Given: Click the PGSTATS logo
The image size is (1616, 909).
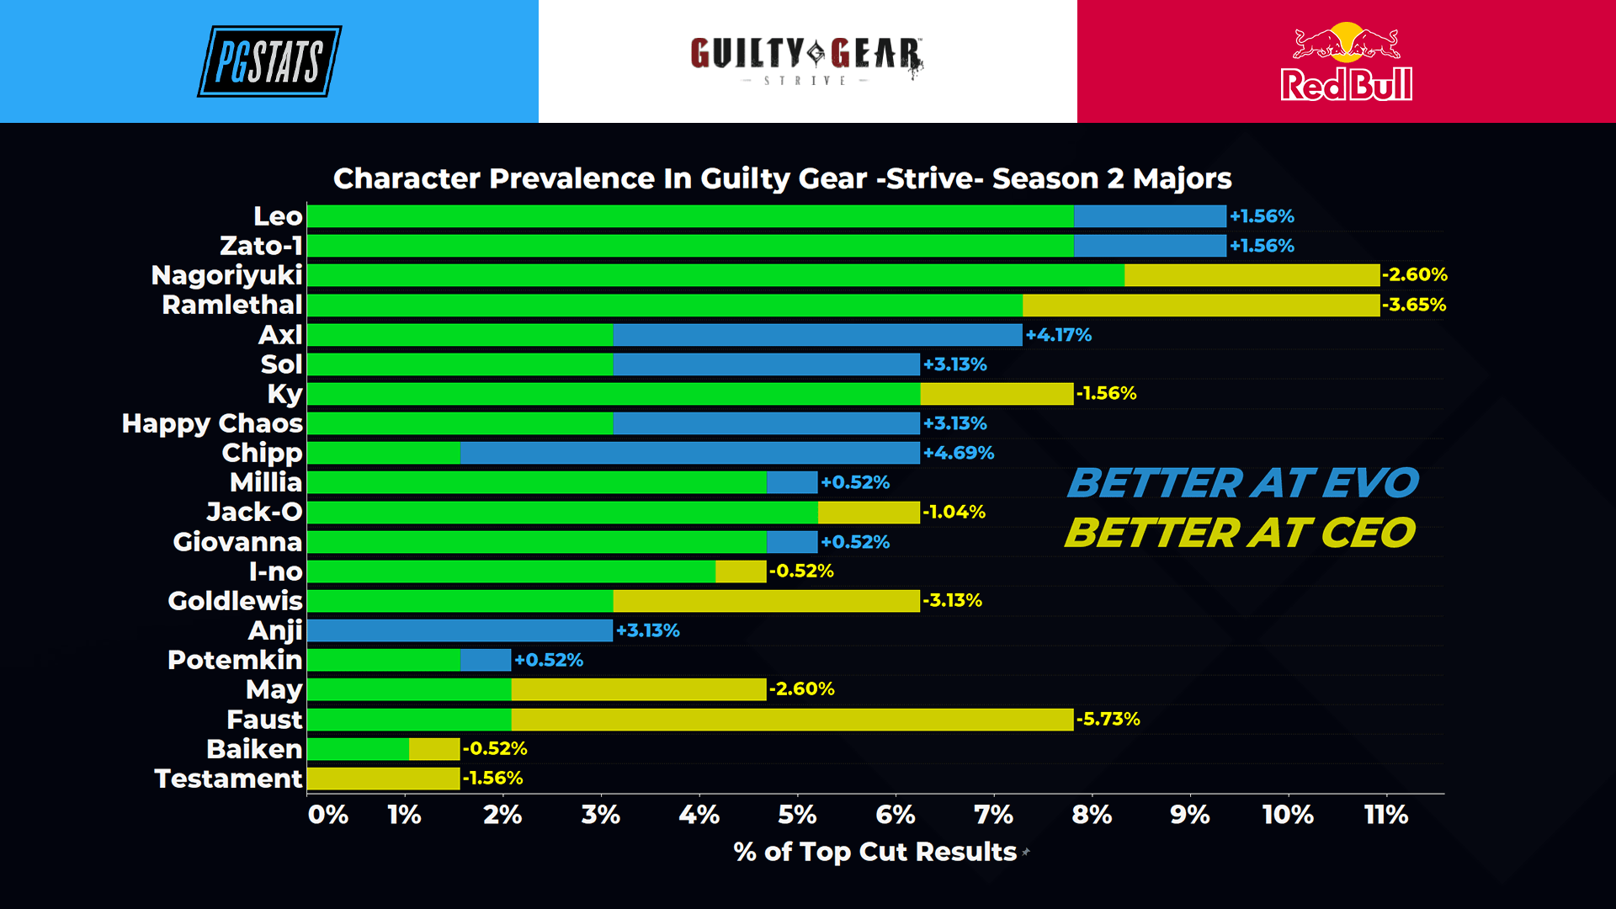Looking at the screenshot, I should tap(269, 61).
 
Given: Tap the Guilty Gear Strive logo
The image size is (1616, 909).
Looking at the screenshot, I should tap(806, 60).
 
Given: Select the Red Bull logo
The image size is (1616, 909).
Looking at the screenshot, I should tap(1346, 62).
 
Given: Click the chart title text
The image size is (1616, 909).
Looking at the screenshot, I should tap(782, 178).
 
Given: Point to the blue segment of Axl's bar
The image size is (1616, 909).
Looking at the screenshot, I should tap(817, 335).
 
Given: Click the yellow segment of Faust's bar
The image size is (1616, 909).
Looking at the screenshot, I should tap(792, 720).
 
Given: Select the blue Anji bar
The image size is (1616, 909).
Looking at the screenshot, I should tap(460, 630).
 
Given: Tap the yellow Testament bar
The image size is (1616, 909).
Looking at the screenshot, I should tap(384, 779).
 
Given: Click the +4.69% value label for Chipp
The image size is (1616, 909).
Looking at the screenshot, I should tap(959, 453).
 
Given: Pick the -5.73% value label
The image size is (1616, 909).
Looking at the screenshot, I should tap(1108, 720).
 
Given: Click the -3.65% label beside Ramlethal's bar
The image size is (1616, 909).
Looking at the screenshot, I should tap(1414, 305).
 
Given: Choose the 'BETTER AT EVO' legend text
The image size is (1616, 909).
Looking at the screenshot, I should tap(1242, 483).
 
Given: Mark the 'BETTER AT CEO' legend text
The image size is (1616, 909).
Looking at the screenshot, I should tap(1241, 533).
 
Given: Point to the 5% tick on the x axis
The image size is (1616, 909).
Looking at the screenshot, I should tap(797, 815).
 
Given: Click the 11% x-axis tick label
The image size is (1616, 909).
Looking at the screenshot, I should tap(1385, 815).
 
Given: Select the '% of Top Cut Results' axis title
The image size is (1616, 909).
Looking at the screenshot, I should tap(875, 852).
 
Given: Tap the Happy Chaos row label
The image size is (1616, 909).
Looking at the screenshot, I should tap(212, 423).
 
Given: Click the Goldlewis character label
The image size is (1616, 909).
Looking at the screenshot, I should tap(235, 601).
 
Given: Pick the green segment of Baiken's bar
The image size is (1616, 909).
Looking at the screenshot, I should tap(359, 749).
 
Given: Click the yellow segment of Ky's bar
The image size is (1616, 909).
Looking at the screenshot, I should tap(997, 394).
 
